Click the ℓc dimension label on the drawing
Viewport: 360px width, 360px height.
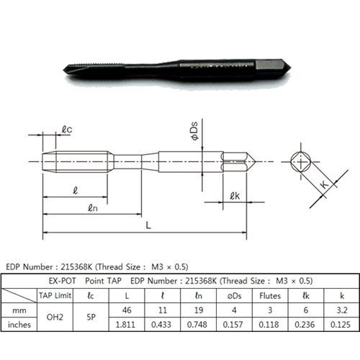[67, 130]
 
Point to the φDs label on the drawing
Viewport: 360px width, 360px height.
[194, 131]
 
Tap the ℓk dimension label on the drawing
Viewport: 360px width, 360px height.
[235, 196]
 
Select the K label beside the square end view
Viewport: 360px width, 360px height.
[324, 184]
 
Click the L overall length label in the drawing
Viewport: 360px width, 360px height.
[148, 225]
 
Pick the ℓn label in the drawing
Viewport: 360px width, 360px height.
[93, 208]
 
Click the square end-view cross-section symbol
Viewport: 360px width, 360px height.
[301, 162]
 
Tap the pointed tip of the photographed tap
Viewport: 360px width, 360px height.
[63, 70]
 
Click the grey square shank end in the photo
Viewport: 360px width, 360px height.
[266, 65]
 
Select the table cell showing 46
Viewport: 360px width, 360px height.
[127, 310]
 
